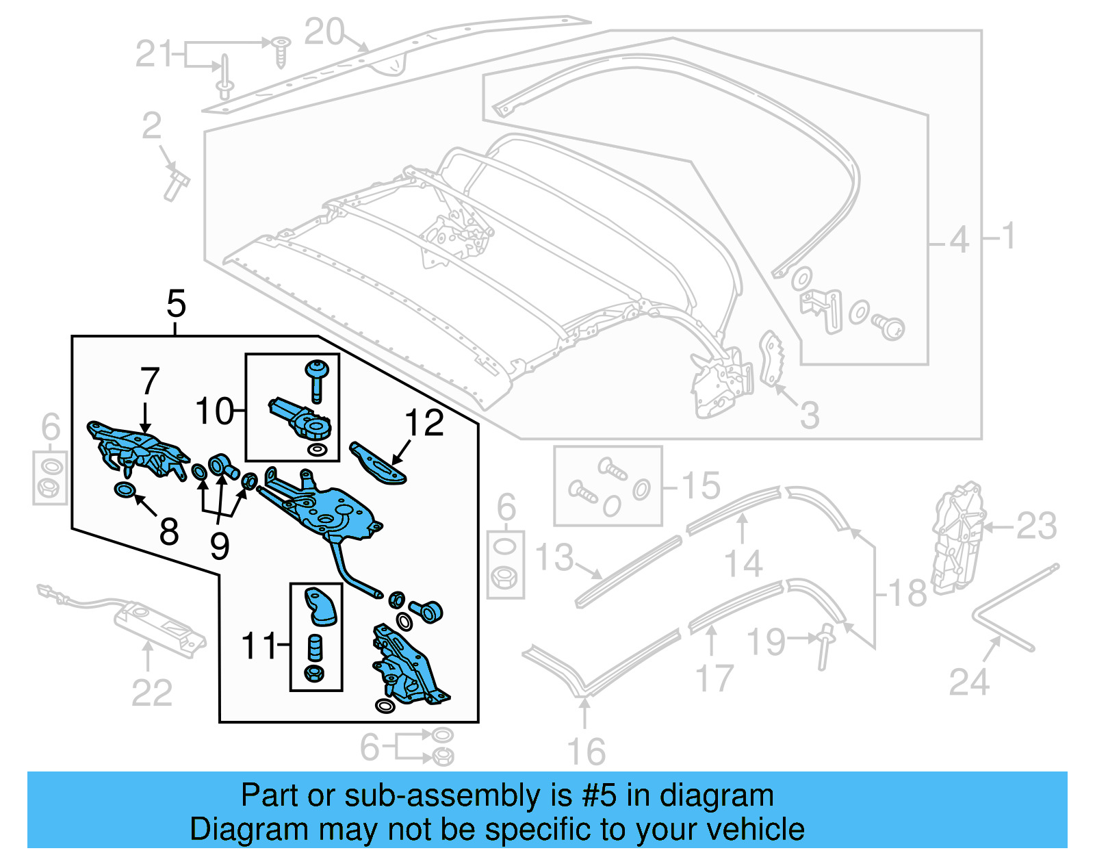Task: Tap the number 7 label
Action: (150, 381)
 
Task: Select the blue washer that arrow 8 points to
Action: (125, 490)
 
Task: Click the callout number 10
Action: (215, 411)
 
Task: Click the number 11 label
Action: (259, 646)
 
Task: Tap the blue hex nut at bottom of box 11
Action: (314, 674)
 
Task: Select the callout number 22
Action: (151, 693)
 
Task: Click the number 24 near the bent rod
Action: (968, 682)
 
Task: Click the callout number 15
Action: (701, 485)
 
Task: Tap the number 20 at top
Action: (324, 31)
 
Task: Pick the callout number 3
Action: (810, 415)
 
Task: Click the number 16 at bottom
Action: (587, 752)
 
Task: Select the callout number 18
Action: (907, 593)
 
